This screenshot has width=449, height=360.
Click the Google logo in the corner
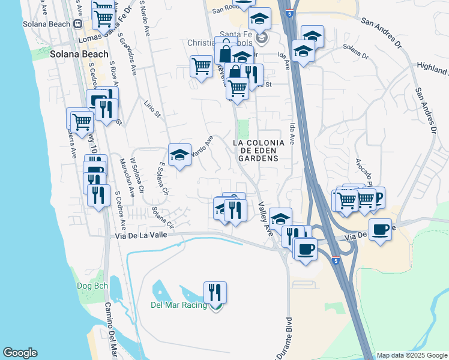(x=20, y=353)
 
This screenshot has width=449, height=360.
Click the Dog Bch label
(x=92, y=286)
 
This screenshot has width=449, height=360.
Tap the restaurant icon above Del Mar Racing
(x=215, y=292)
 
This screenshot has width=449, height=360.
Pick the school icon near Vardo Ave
(x=179, y=155)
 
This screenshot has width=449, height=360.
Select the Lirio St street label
(x=153, y=109)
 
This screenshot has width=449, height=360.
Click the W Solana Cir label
(x=137, y=176)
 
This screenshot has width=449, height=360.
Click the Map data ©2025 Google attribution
(x=412, y=355)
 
